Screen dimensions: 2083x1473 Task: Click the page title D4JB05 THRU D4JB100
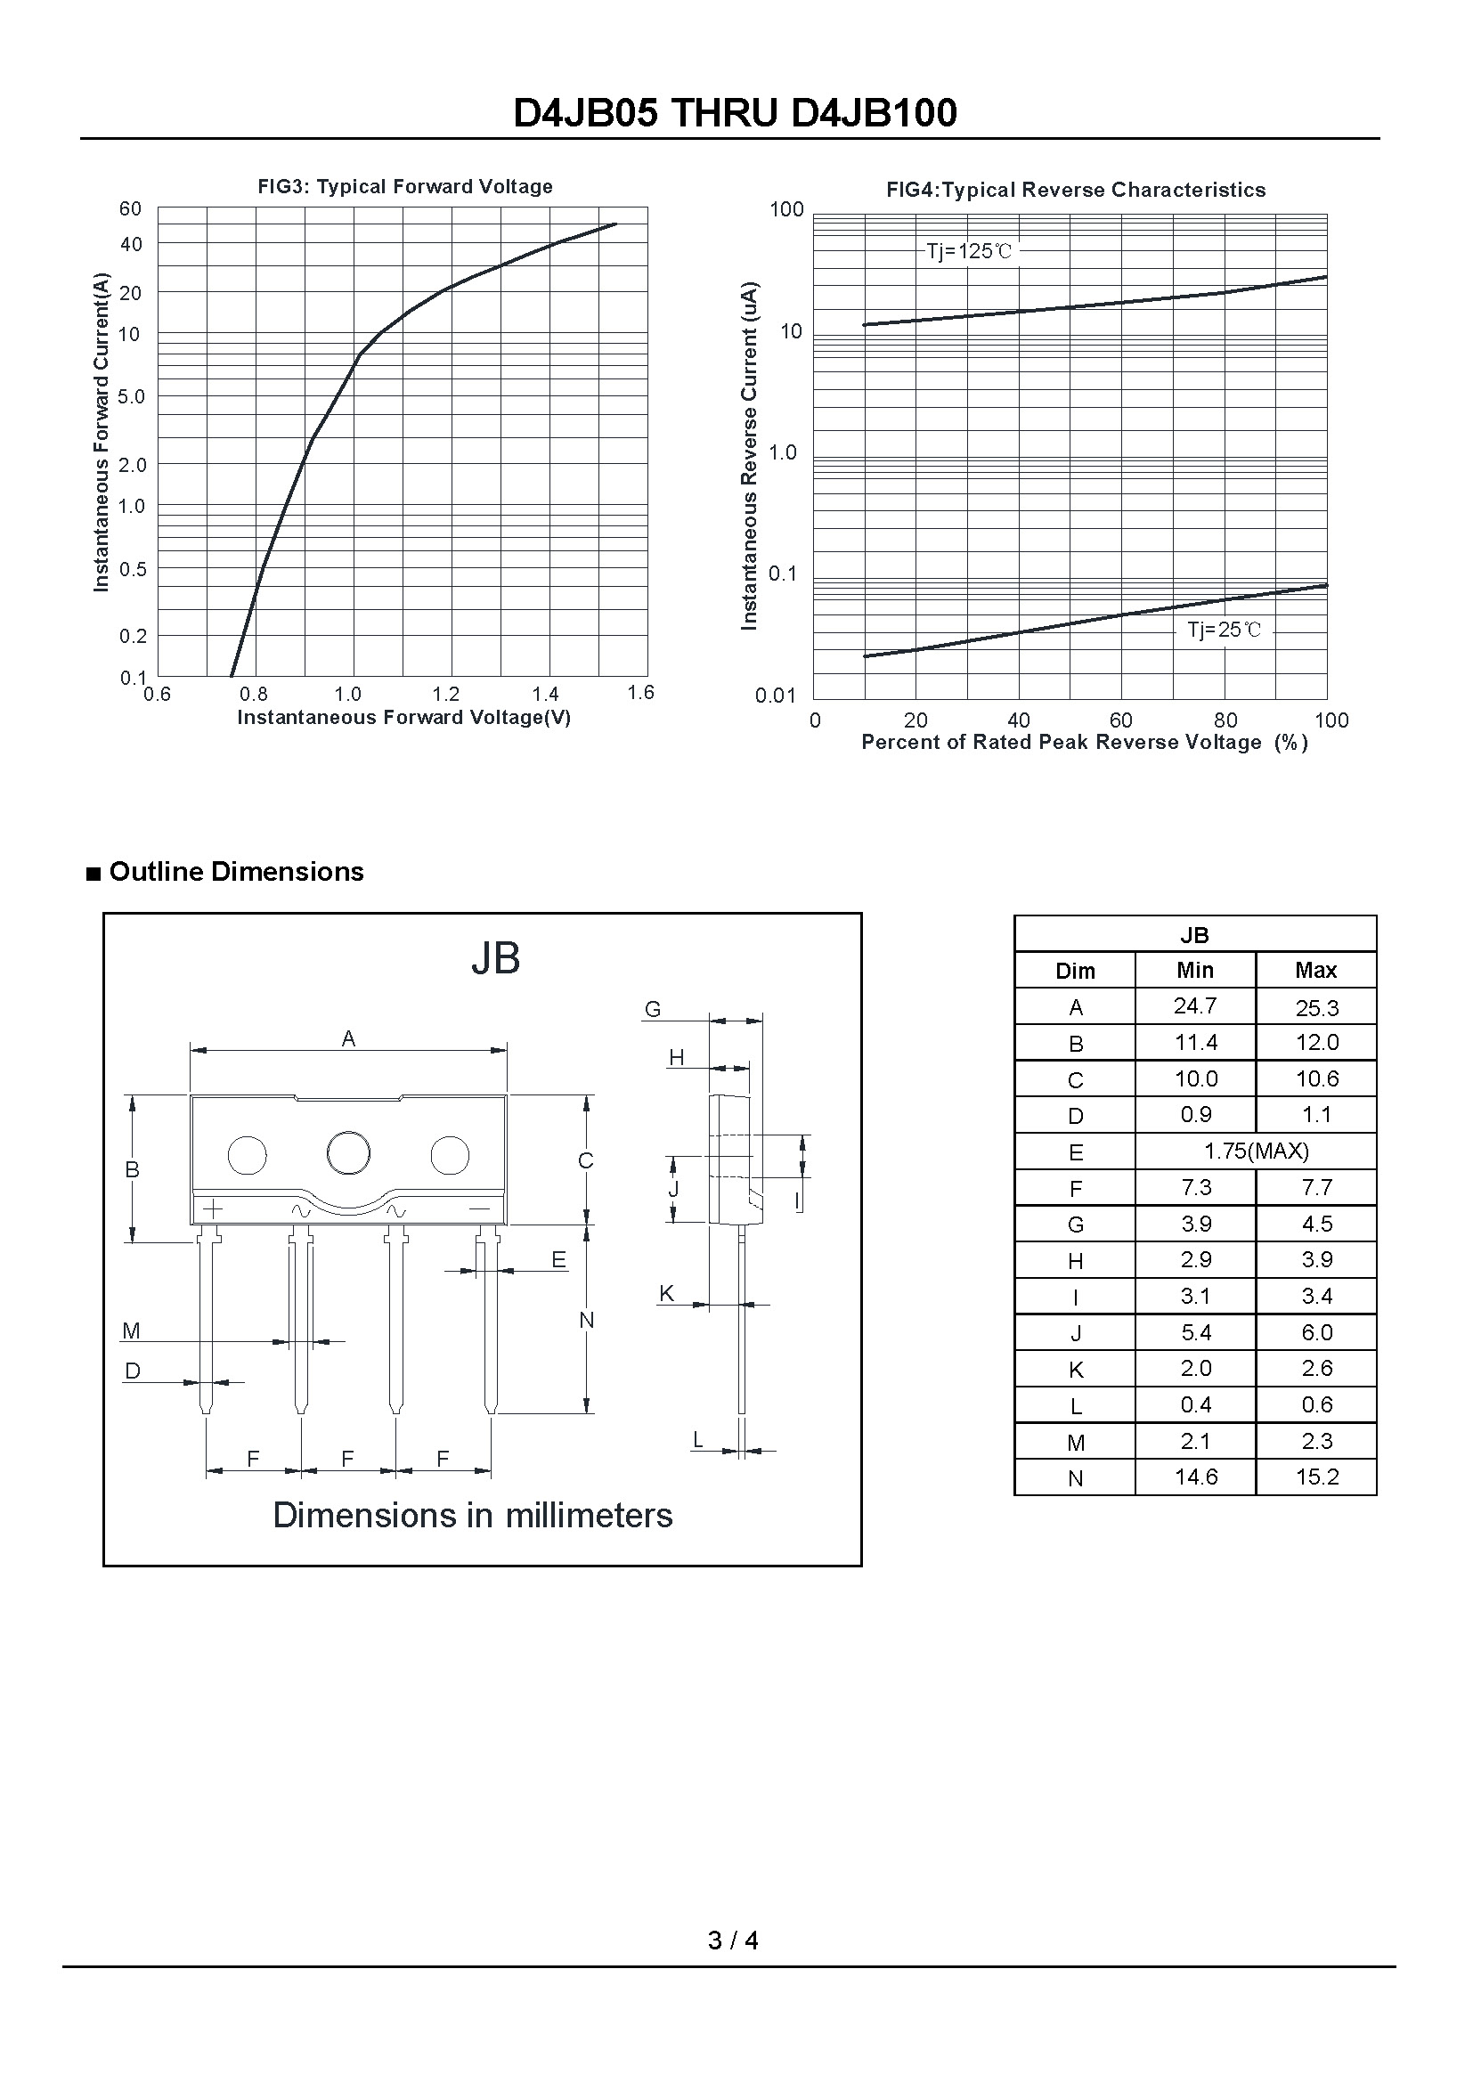[x=735, y=113]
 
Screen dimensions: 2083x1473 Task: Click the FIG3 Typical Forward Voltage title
[x=404, y=187]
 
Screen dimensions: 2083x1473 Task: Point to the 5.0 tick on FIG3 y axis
[x=132, y=396]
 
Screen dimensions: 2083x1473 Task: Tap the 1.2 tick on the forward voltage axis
[x=446, y=695]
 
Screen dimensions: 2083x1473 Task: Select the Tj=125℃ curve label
[x=969, y=251]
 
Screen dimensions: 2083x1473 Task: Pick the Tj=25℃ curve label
[x=1224, y=630]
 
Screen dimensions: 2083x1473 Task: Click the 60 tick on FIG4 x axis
[x=1121, y=720]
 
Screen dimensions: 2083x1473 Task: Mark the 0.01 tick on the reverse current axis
[x=776, y=696]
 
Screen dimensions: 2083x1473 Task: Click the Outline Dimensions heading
[x=236, y=872]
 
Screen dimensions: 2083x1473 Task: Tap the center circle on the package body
[x=348, y=1153]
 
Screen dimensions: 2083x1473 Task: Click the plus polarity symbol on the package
[x=212, y=1208]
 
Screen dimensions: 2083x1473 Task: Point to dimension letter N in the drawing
[x=587, y=1321]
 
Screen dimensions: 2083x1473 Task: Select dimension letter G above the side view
[x=653, y=1009]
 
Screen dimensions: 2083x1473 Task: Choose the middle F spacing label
[x=348, y=1459]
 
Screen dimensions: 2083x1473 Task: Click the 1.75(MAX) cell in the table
[x=1256, y=1151]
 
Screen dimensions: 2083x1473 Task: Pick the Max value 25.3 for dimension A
[x=1317, y=1008]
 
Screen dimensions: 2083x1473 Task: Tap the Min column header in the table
[x=1195, y=971]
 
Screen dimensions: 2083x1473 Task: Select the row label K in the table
[x=1076, y=1370]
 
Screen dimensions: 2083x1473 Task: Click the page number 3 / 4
[x=733, y=1941]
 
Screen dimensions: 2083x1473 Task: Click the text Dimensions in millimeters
[x=473, y=1516]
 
